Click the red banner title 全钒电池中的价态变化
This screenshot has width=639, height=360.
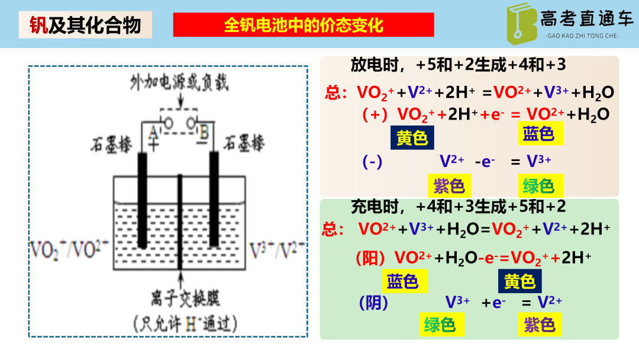[303, 25]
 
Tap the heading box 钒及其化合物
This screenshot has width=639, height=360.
[85, 25]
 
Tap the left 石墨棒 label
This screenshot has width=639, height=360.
[112, 144]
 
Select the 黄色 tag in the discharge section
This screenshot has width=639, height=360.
[412, 138]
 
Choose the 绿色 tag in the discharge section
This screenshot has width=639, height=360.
[538, 187]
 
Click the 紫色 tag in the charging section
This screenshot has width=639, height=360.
[539, 324]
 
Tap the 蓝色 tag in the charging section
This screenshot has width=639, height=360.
[402, 282]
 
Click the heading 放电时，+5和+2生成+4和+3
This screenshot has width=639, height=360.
[459, 65]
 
